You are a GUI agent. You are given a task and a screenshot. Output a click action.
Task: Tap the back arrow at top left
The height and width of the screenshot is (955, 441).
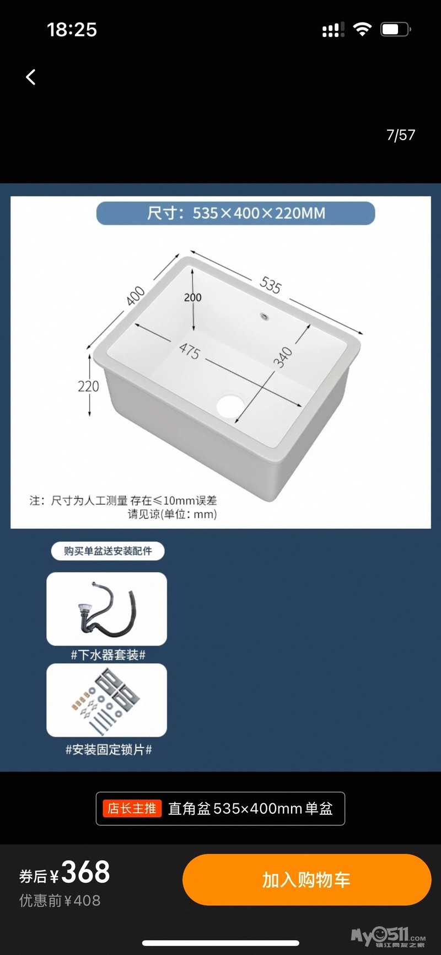[x=31, y=77]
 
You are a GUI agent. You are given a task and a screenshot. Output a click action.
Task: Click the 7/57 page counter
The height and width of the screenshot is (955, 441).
[x=401, y=135]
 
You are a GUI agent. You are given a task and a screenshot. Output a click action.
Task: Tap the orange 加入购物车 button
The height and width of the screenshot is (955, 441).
[x=306, y=879]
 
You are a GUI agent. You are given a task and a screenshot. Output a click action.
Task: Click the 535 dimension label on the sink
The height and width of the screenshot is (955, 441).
[x=270, y=285]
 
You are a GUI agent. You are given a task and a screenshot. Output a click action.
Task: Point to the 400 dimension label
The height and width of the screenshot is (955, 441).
[x=135, y=296]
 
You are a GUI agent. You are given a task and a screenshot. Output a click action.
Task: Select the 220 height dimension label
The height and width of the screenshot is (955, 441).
[x=88, y=386]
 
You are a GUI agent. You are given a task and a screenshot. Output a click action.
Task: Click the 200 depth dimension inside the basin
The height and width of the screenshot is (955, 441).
[x=192, y=297]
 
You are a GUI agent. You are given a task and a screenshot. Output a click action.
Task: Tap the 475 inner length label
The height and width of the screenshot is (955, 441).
[x=189, y=351]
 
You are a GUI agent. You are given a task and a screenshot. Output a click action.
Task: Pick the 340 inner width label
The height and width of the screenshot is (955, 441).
[x=283, y=357]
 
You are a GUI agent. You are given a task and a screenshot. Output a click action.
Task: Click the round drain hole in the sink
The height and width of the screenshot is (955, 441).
[x=230, y=405]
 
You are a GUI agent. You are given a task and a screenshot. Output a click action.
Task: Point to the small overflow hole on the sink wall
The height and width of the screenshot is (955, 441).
[x=265, y=317]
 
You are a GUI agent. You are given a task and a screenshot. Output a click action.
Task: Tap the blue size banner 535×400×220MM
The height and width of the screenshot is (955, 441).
[x=235, y=213]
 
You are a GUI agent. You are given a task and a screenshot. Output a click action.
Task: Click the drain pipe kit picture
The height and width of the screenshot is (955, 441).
[x=106, y=609]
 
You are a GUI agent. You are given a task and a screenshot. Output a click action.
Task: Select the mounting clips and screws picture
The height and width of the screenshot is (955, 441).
[x=106, y=700]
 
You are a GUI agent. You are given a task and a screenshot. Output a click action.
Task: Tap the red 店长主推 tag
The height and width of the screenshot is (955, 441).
[x=132, y=809]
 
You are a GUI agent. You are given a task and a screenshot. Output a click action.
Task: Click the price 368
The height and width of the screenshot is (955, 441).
[x=85, y=872]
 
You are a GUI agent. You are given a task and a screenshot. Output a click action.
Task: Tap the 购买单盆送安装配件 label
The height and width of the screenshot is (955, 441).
[x=108, y=551]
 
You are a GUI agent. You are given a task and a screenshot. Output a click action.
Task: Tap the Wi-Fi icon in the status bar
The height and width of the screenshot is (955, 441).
[x=362, y=29]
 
